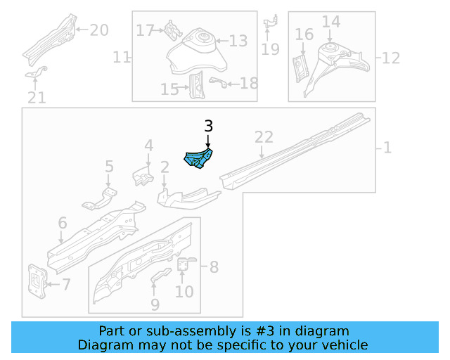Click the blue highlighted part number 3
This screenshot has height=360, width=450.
pos(200,158)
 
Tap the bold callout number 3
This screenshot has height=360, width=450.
pos(208,126)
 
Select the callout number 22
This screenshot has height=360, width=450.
pos(263,137)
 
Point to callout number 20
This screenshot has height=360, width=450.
pos(99,30)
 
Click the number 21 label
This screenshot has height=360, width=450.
pos(37,98)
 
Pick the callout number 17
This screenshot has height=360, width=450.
pos(145,30)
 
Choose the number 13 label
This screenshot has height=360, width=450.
pos(238,41)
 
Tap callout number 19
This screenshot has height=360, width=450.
pos(271,49)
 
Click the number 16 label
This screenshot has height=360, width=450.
pos(304,35)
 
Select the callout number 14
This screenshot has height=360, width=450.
pos(331,22)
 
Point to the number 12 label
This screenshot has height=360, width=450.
pos(390,57)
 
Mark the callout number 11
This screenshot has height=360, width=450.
pos(122,57)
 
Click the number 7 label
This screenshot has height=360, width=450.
pos(66,285)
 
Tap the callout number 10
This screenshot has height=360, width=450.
pos(184,290)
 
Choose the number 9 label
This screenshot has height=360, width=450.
pos(155,304)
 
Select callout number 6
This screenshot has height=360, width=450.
pos(63,224)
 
